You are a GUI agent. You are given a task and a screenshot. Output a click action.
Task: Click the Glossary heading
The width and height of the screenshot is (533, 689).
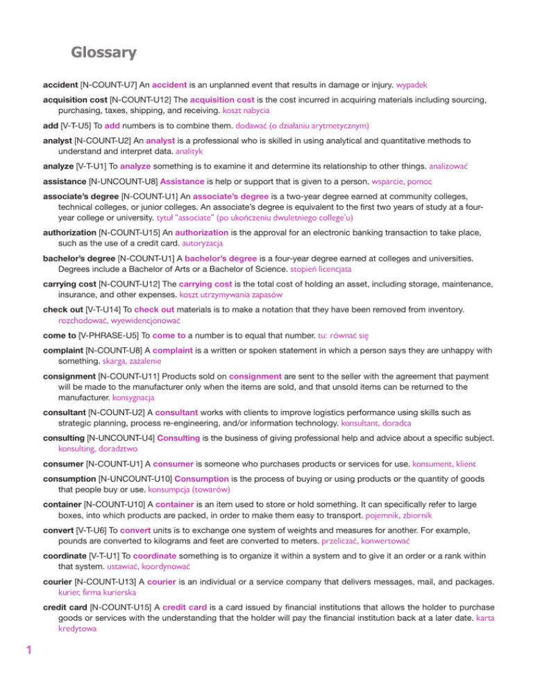pyautogui.click(x=103, y=52)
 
